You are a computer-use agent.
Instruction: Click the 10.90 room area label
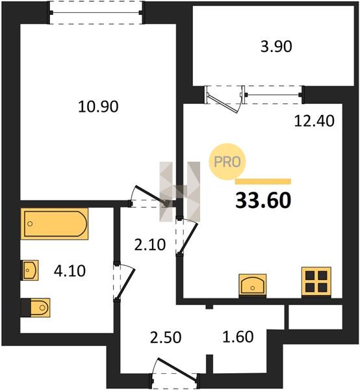coord(98,107)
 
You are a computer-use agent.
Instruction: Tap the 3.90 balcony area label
coord(276,47)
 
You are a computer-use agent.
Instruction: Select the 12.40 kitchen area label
coord(314,121)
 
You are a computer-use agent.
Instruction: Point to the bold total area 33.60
coord(263,201)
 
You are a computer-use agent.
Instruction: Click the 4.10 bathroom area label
coord(70,271)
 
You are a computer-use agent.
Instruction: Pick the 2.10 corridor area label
coord(150,245)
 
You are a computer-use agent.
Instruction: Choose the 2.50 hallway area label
coord(166,337)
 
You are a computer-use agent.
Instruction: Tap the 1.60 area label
coord(238,337)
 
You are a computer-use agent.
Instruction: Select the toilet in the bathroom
coord(36,307)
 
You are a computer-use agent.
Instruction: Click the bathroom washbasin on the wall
coord(30,270)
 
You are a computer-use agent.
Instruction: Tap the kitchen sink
coord(252,285)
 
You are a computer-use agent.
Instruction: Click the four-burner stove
coord(316,282)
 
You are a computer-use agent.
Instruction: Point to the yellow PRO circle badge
coord(227,162)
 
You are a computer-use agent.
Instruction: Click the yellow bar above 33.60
coord(263,181)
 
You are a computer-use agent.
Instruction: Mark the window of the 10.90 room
coord(96,12)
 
